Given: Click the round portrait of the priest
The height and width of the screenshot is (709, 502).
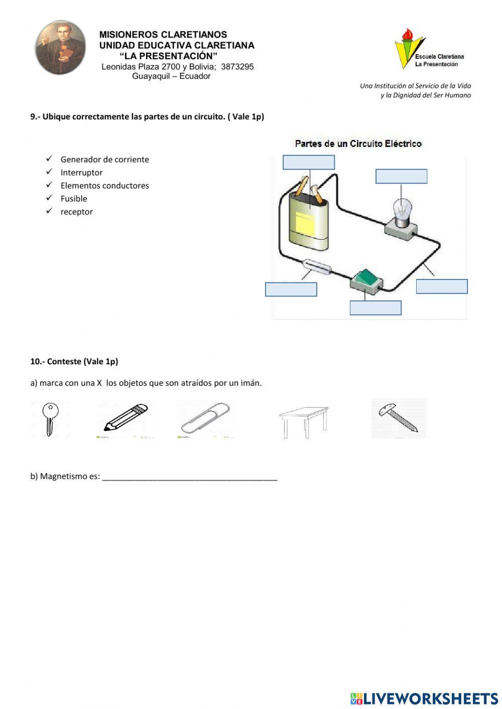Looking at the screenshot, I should (x=60, y=48).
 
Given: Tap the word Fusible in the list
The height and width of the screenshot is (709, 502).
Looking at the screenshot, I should (x=74, y=199).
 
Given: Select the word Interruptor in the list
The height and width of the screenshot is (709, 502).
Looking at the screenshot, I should (x=81, y=173).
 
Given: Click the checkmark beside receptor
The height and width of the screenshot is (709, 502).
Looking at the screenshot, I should (x=49, y=211).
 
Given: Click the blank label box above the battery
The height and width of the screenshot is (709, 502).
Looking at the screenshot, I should (x=308, y=162).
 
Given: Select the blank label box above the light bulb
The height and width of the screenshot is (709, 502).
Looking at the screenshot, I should (x=401, y=176).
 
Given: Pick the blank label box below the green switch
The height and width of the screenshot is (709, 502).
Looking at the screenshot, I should (x=375, y=308).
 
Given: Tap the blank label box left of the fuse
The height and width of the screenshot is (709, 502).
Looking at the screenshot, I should (x=291, y=290).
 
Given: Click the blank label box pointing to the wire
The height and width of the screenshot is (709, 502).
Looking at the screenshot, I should (x=441, y=287).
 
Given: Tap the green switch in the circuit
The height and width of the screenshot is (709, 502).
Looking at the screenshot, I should (x=367, y=279).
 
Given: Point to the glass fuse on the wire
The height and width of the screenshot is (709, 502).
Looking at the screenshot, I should (x=316, y=266).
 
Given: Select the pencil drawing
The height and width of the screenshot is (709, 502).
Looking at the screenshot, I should (x=125, y=417).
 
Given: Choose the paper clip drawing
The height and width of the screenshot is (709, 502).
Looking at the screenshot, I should (x=206, y=417).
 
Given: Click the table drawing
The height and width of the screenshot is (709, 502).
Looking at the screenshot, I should (x=304, y=420).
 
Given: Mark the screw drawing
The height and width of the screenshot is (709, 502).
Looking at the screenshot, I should (x=399, y=417).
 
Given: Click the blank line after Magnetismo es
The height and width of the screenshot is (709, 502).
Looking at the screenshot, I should (x=189, y=476).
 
